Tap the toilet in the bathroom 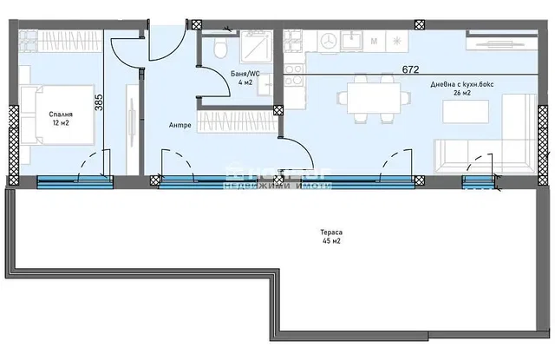221,43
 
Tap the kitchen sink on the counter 351,41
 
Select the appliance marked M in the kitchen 374,41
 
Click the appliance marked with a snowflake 397,41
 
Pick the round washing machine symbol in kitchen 328,41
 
